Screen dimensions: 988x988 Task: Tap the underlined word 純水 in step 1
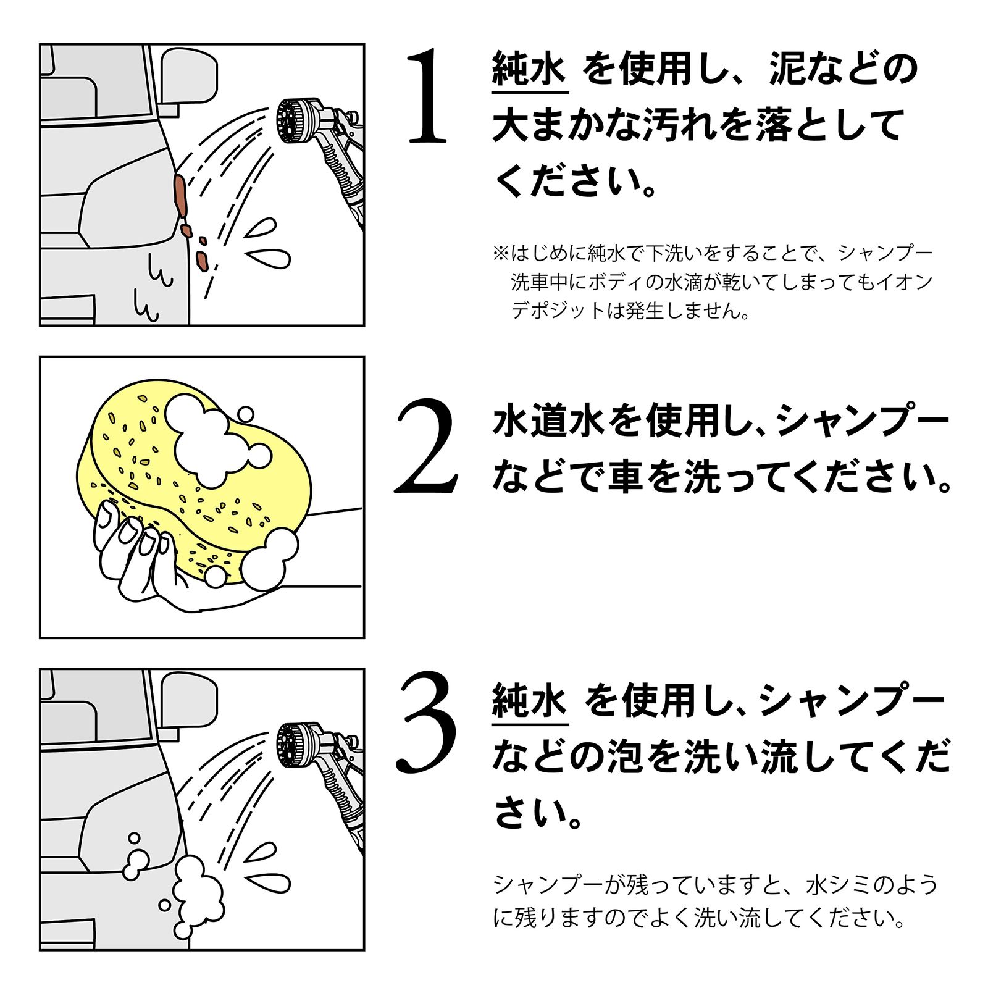[529, 69]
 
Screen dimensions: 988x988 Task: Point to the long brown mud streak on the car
[180, 195]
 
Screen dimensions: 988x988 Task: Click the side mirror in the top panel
[189, 77]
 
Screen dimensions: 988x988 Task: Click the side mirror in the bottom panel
[189, 701]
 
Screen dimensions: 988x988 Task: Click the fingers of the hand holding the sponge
[133, 543]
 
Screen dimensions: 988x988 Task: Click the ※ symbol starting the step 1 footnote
[500, 253]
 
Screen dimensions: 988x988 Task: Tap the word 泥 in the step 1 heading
[789, 69]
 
